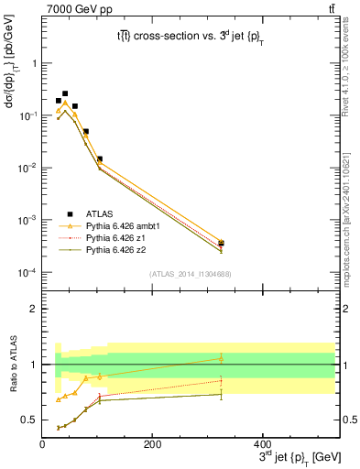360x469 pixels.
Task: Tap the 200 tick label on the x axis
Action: [x=152, y=443]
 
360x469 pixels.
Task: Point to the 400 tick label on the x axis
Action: [x=262, y=443]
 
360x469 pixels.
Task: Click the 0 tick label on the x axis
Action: [x=42, y=443]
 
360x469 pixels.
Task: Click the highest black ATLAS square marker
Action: [x=64, y=93]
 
